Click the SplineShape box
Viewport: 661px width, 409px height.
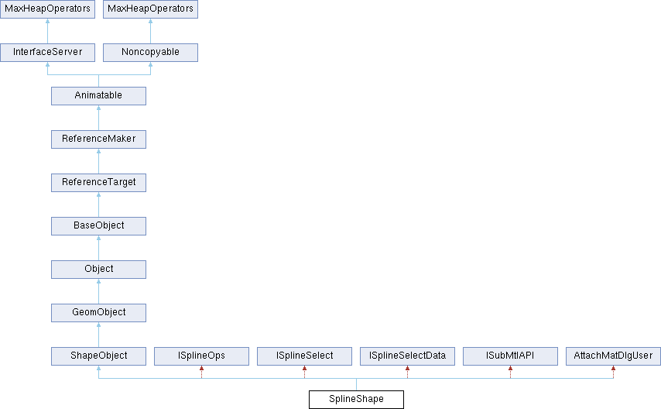(356, 399)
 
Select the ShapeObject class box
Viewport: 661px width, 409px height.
(98, 356)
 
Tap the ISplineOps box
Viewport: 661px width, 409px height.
(201, 356)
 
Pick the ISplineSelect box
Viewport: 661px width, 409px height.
(304, 356)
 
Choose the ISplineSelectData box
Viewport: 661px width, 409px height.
(407, 356)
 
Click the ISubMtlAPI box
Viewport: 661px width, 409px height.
(510, 356)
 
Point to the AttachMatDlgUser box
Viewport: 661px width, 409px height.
(613, 356)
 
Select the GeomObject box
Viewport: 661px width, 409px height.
(98, 313)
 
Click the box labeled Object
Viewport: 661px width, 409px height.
(98, 270)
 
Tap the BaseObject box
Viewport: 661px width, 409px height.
(98, 226)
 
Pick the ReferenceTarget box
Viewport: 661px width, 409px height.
(98, 182)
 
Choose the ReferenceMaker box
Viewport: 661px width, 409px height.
(98, 139)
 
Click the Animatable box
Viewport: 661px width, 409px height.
(98, 96)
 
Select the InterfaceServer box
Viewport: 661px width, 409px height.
(48, 53)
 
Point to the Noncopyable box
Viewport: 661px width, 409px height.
(150, 53)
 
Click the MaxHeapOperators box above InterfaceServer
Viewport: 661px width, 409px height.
(48, 9)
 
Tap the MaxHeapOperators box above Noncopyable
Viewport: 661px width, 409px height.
(150, 9)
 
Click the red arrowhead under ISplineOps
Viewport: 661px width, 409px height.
(201, 369)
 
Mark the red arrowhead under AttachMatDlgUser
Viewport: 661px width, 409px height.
(613, 369)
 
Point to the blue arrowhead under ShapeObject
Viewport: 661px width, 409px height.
(98, 369)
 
